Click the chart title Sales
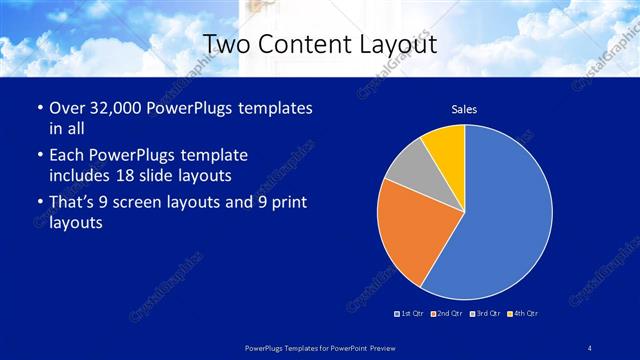pos(464,108)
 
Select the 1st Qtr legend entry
pos(410,313)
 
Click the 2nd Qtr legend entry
pos(446,313)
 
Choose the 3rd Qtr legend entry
pos(484,313)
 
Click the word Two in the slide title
pos(227,44)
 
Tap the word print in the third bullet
pos(288,203)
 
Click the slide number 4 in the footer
pos(590,347)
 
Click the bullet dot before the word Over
pos(38,107)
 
